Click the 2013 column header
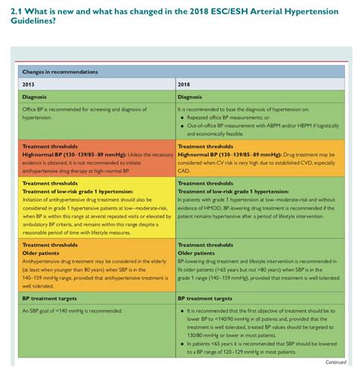[x=30, y=83]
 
